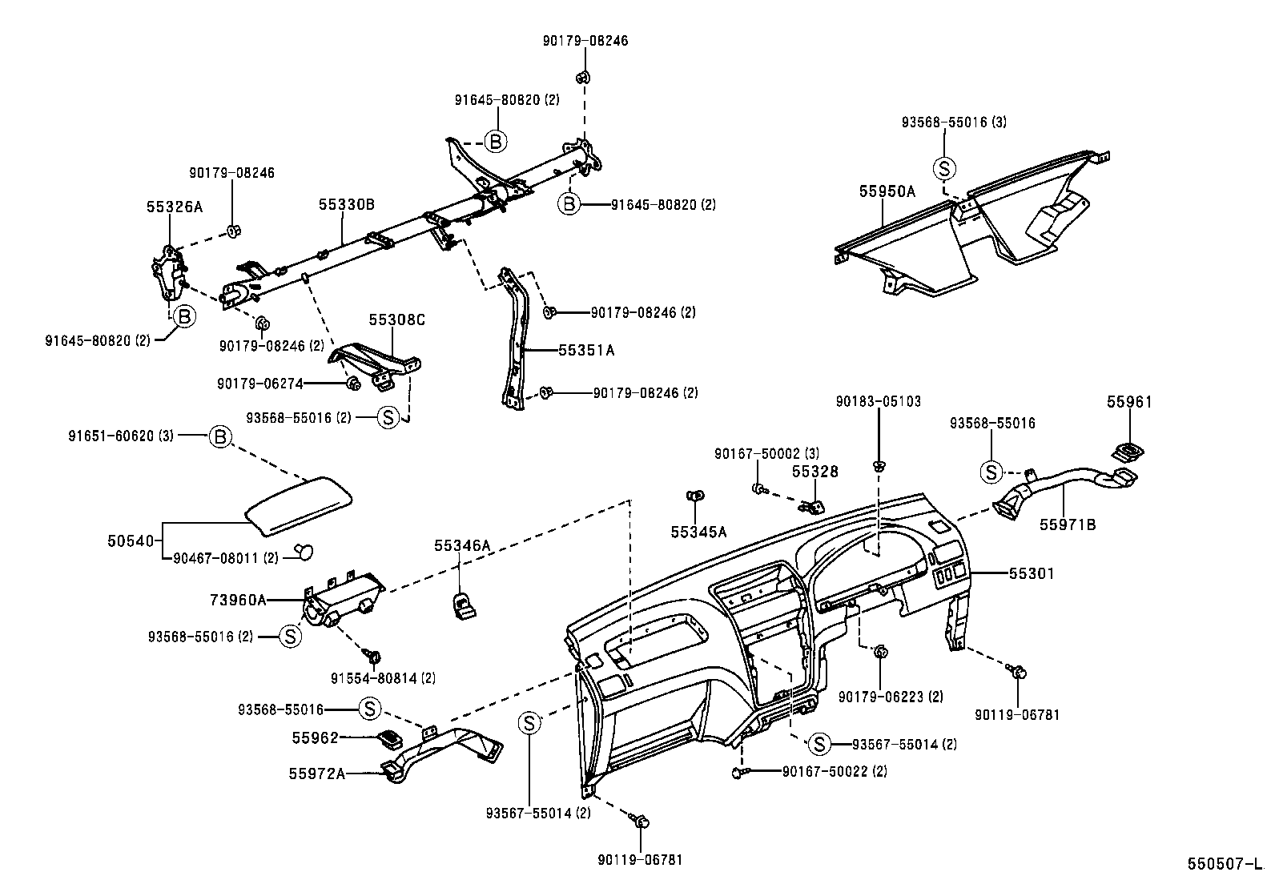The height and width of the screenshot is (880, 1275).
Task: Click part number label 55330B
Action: [x=346, y=205]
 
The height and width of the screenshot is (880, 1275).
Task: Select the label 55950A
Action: [x=887, y=191]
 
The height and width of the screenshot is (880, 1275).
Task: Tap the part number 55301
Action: [x=1032, y=573]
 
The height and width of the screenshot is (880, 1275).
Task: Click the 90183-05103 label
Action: [x=878, y=401]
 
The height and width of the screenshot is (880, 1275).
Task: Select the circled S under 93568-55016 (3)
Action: [x=945, y=168]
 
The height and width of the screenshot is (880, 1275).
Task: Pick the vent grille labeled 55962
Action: [x=390, y=737]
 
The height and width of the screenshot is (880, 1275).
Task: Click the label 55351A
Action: [x=586, y=350]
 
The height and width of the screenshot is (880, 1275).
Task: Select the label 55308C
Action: [x=396, y=319]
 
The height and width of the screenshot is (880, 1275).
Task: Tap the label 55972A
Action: [x=317, y=774]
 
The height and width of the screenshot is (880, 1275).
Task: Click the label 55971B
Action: [x=1068, y=524]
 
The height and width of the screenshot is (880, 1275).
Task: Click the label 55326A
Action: [x=175, y=207]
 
